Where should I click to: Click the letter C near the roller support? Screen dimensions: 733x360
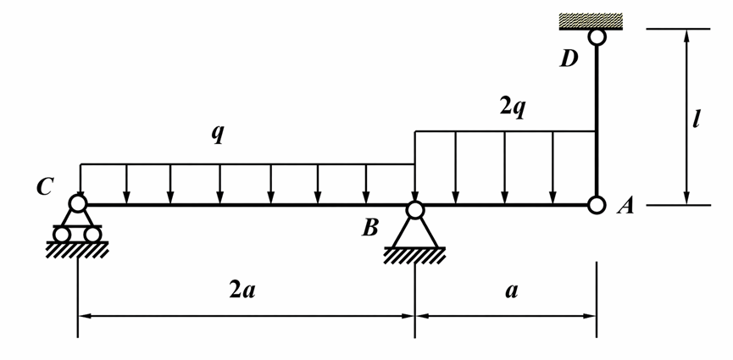click(x=45, y=186)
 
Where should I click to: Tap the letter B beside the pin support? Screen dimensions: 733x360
click(x=370, y=228)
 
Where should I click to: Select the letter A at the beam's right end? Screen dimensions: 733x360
click(x=625, y=206)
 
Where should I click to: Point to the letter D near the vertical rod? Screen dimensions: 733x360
click(x=569, y=59)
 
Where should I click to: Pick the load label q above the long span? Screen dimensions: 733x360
click(x=218, y=134)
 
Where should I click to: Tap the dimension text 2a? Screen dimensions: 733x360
click(x=242, y=291)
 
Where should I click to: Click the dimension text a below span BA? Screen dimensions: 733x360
click(x=512, y=291)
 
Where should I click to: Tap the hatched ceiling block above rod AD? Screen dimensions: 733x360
click(x=591, y=21)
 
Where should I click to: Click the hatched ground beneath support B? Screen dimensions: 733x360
click(x=414, y=256)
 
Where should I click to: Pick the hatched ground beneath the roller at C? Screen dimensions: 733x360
click(x=78, y=250)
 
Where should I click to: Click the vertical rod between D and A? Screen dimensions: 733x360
click(x=597, y=121)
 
